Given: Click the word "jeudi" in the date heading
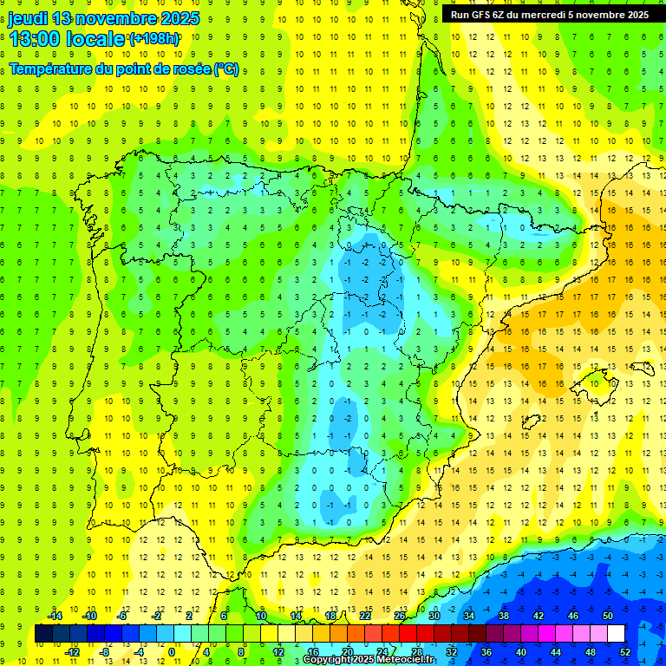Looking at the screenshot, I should point(28,18).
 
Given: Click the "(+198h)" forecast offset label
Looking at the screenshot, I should point(153,39).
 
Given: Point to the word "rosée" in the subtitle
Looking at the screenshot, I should point(187,69).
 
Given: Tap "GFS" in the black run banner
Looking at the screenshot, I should point(486,14).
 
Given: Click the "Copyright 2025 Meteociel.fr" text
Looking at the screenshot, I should point(369,660).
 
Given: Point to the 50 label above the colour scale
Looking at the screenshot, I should point(607,616).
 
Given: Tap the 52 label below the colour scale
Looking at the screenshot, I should point(625,651).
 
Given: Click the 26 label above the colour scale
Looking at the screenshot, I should point(400,616).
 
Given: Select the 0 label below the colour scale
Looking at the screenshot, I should point(172,651).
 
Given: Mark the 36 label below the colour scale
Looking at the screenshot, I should point(486,651).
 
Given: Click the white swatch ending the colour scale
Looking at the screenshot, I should point(616,633).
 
